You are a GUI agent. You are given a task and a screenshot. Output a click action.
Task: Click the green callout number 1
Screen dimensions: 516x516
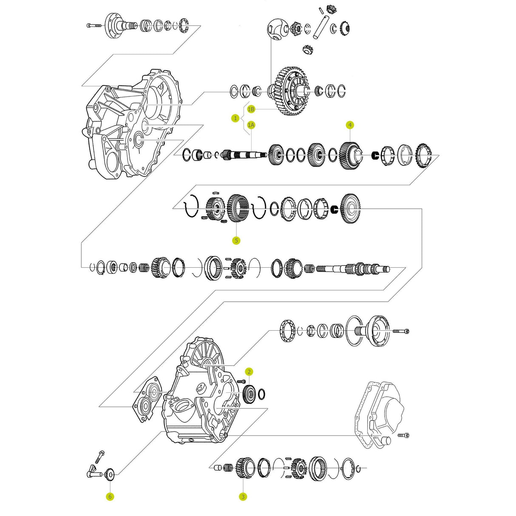tap(235, 118)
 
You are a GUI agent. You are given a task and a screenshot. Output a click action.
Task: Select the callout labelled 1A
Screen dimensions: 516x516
tap(251, 125)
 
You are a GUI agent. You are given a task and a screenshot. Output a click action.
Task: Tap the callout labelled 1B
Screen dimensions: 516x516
tap(251, 109)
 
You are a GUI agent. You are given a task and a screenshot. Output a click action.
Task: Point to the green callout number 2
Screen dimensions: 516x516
tap(249, 372)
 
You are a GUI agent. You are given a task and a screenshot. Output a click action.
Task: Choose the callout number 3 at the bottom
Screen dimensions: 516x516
tap(243, 496)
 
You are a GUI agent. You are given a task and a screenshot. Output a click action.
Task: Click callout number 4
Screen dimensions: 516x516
tap(350, 125)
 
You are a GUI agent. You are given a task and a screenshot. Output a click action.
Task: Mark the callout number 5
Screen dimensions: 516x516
tap(236, 241)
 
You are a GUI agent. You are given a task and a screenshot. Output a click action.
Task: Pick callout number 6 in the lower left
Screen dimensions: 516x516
tap(110, 496)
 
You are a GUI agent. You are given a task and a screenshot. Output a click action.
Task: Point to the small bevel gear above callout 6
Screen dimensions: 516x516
tap(109, 474)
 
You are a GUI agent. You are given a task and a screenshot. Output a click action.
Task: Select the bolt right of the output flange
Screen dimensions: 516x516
tap(401, 331)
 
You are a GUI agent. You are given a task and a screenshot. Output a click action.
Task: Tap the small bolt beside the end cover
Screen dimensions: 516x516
tap(404, 435)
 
